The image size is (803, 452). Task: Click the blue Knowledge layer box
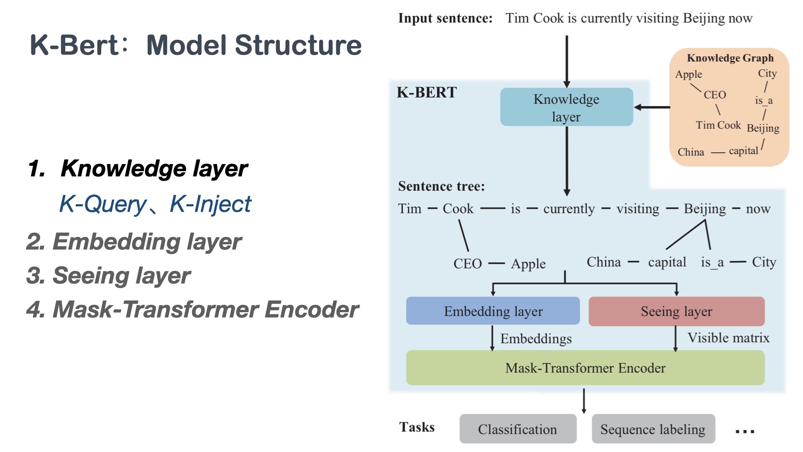pos(566,107)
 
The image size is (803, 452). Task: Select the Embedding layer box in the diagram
pos(493,311)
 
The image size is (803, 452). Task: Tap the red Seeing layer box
pos(676,311)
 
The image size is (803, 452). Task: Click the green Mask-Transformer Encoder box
pos(585,368)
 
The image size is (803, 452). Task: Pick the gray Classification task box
pos(517,429)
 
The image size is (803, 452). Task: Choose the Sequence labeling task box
pos(653,429)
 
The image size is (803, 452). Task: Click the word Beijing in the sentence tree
pos(705,208)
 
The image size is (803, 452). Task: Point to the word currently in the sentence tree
pos(569,208)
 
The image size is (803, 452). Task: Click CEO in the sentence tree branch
pos(468,264)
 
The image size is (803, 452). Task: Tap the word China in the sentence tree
pos(604,262)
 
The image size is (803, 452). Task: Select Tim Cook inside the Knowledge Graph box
pos(718,125)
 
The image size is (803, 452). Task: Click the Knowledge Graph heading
pos(730,58)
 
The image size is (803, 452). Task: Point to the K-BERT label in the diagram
pos(427,92)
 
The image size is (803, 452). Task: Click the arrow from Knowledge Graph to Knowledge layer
pos(652,107)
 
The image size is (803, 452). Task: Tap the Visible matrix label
pos(728,338)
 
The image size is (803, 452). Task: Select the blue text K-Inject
pos(210,204)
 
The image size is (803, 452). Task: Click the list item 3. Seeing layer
pos(108,276)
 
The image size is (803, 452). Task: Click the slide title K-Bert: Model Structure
pos(196,45)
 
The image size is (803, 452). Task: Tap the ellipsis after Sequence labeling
pos(745,431)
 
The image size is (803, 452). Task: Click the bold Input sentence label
pos(445,18)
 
